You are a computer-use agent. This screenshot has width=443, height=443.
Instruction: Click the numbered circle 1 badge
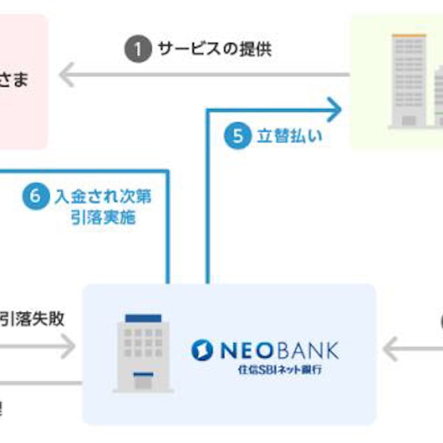(137, 50)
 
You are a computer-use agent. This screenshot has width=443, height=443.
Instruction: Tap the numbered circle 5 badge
(237, 136)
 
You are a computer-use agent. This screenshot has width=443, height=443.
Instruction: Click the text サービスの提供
(214, 50)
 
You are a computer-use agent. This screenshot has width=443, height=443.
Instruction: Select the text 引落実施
(103, 217)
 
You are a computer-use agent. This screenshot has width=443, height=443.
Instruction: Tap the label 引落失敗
(32, 318)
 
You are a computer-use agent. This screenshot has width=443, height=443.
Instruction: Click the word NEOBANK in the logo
(279, 350)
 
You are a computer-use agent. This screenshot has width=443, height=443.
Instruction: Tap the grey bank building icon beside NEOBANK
(143, 353)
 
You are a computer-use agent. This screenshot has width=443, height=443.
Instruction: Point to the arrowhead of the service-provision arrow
(65, 75)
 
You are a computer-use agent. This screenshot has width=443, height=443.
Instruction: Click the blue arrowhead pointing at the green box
(335, 109)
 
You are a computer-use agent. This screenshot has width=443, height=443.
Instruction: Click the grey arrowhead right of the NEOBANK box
(391, 349)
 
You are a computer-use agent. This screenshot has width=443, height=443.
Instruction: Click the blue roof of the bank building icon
(143, 318)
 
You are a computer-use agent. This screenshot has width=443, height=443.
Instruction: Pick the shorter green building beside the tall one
(439, 95)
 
